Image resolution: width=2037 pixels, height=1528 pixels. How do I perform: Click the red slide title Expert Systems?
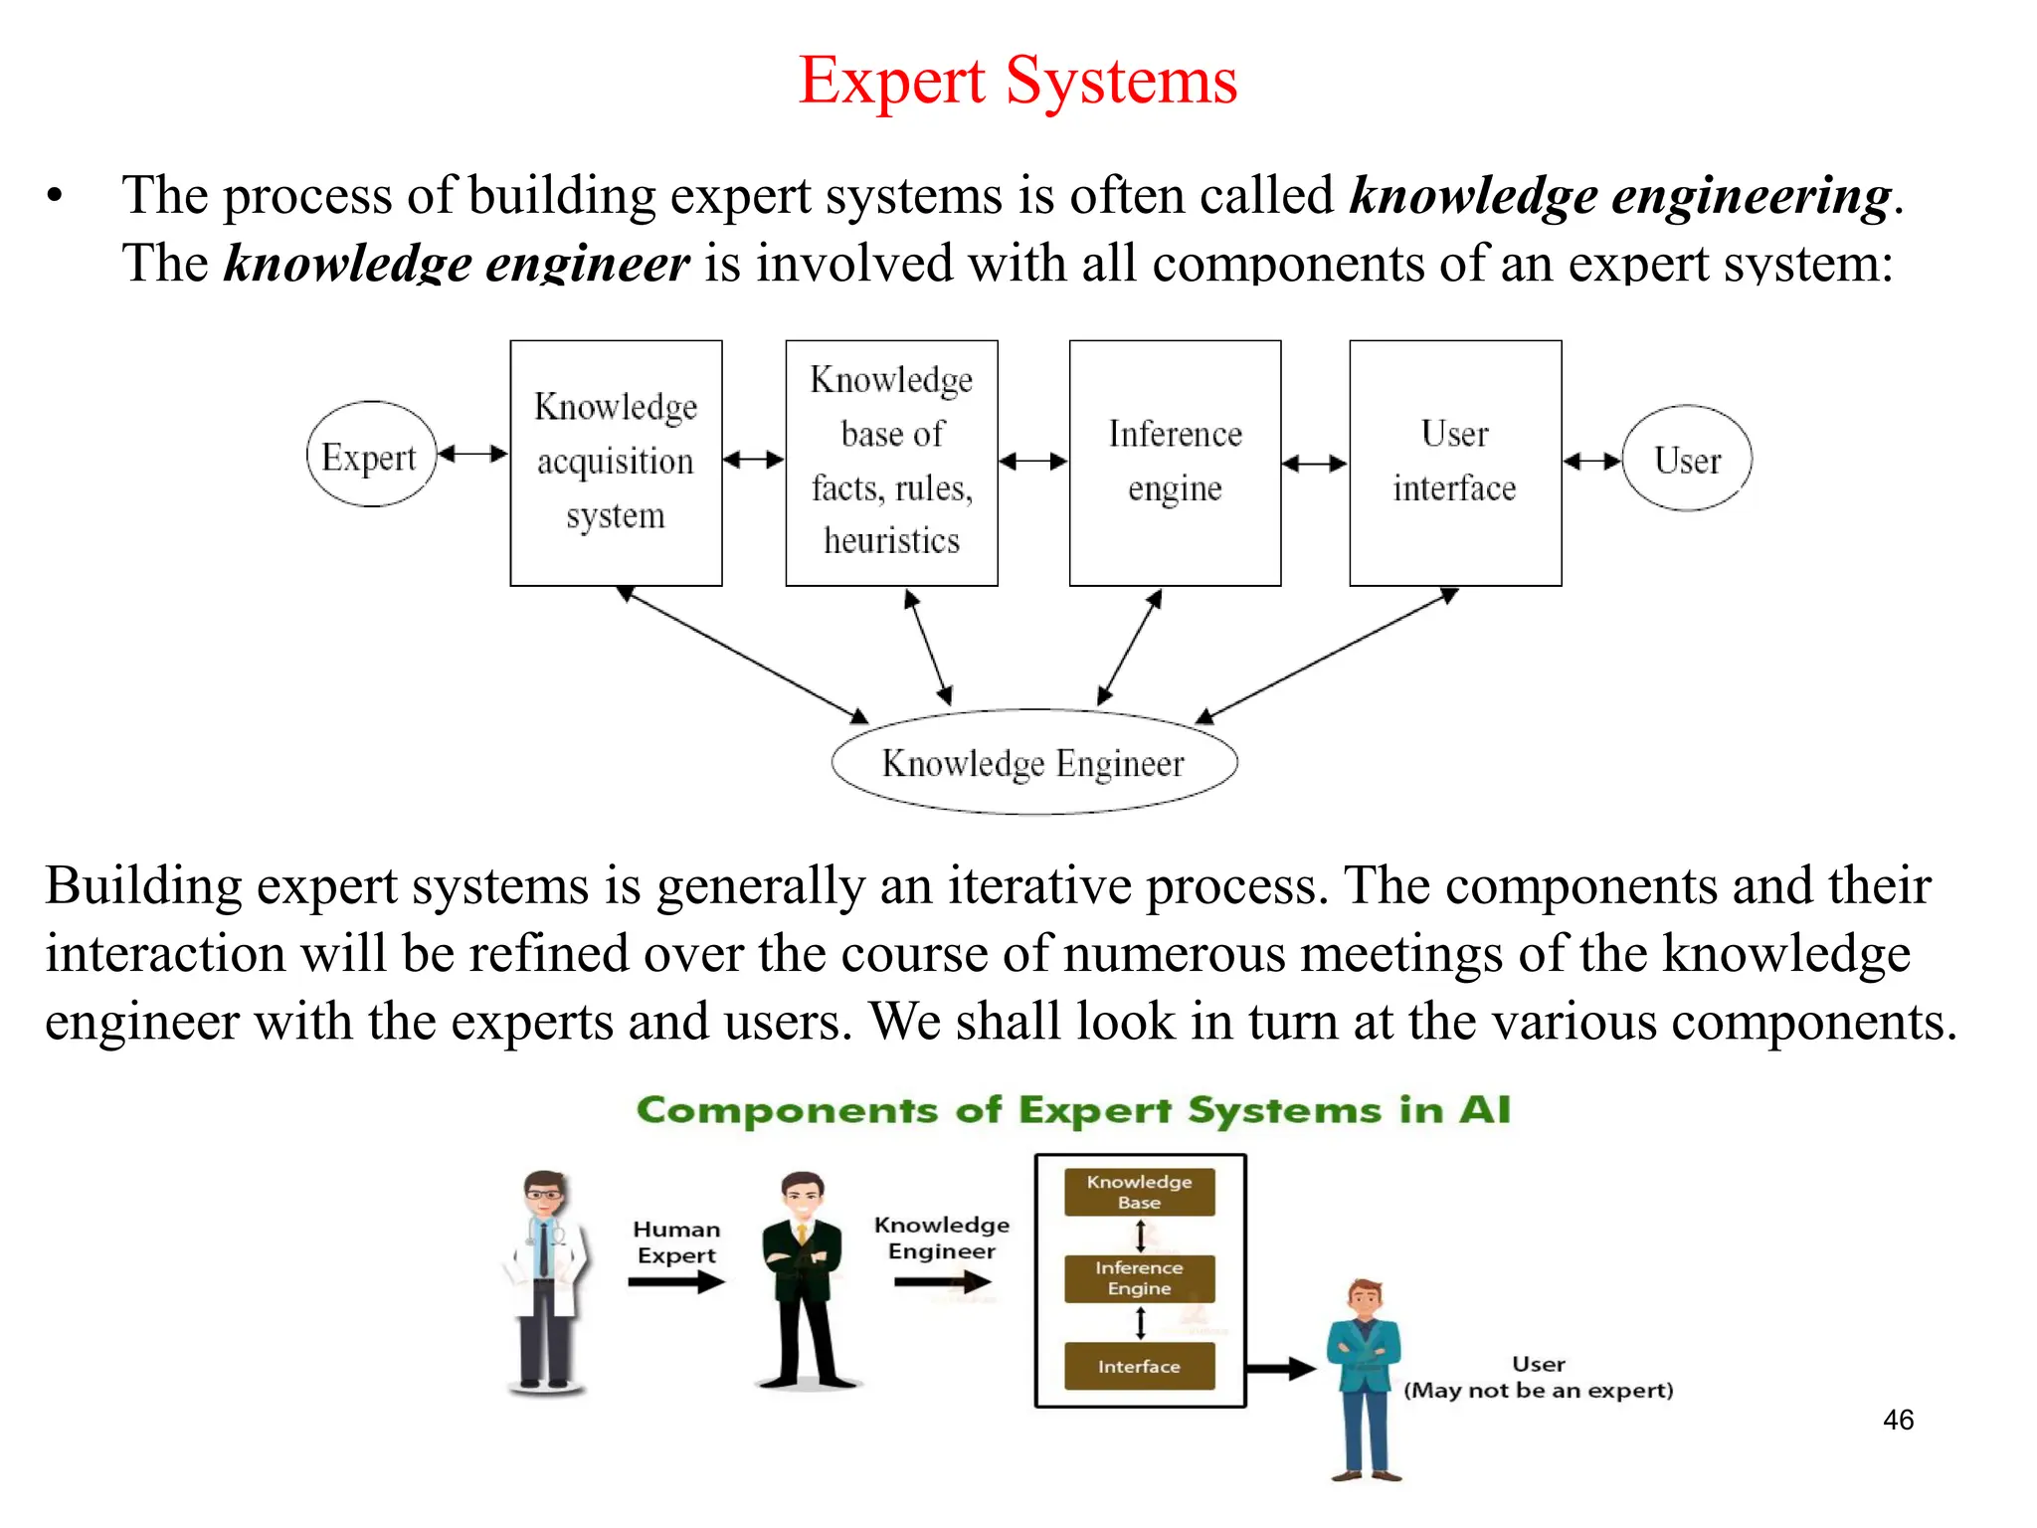1018,82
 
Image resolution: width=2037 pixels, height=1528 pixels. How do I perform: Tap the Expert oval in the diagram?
371,456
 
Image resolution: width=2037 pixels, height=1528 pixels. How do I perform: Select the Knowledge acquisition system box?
616,463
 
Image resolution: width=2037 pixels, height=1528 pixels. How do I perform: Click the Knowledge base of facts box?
891,463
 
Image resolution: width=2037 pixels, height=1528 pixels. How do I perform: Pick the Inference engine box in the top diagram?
1175,463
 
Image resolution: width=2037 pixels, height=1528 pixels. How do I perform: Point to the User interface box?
1454,463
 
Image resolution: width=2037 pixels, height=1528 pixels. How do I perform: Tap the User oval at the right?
1687,459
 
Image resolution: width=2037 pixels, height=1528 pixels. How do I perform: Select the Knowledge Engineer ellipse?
1033,763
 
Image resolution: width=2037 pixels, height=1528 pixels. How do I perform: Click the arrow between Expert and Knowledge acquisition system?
473,455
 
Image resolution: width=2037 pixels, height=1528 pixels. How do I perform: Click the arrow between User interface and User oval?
1591,461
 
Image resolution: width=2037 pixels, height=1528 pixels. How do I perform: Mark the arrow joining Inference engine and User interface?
1314,464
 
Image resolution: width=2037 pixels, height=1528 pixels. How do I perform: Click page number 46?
1898,1420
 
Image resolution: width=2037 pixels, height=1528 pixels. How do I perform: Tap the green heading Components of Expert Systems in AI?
1073,1110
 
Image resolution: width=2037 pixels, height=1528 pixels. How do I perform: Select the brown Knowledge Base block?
1139,1192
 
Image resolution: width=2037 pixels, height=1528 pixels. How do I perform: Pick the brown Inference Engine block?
1139,1278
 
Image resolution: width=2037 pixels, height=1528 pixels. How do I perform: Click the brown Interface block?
1139,1367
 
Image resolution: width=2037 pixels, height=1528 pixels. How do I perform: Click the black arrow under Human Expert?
676,1282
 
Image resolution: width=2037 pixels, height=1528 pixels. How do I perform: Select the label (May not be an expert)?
1538,1391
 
